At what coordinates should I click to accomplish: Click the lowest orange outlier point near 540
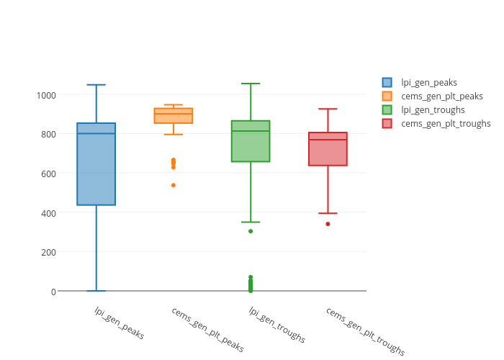[174, 185]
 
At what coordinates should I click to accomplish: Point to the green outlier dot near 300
[251, 231]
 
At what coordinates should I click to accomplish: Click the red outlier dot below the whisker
[328, 224]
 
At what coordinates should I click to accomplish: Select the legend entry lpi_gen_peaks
[428, 83]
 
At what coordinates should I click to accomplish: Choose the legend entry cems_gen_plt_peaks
[441, 96]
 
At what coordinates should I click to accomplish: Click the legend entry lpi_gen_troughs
[432, 110]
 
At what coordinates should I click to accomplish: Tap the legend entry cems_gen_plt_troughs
[445, 124]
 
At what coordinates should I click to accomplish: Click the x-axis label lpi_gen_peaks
[120, 323]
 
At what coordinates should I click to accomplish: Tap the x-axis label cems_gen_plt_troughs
[365, 331]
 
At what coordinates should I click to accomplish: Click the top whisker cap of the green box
[251, 84]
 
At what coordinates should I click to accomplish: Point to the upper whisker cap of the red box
[328, 109]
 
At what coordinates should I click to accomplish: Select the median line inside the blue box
[96, 133]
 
